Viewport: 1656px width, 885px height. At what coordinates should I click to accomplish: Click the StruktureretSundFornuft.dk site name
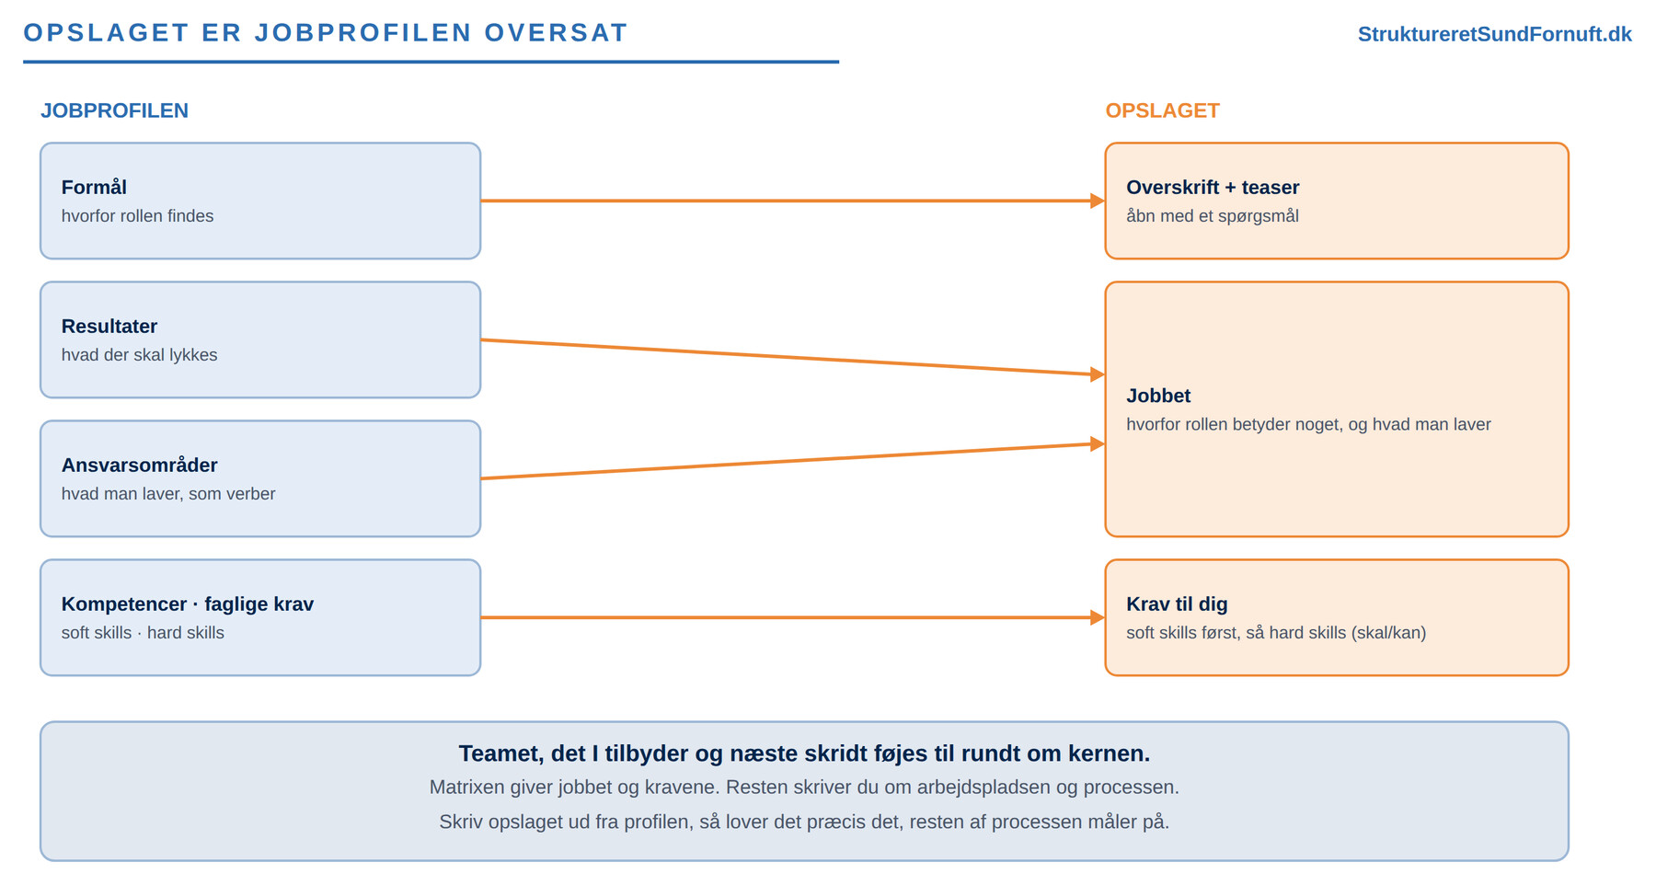(1494, 34)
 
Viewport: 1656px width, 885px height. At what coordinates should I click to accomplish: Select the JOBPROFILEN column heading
(114, 110)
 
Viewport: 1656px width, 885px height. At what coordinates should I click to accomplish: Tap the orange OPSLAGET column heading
(1162, 110)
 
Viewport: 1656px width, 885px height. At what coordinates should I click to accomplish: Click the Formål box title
(94, 188)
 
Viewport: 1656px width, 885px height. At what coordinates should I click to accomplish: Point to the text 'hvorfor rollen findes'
(137, 216)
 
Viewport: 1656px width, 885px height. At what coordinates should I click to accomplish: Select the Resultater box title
(109, 327)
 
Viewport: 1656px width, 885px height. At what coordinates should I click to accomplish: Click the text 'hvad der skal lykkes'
(139, 355)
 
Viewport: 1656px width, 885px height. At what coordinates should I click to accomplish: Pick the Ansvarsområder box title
(139, 465)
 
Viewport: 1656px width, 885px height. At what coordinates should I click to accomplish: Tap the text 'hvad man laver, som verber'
(168, 494)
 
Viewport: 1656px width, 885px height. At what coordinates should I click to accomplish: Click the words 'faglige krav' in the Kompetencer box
(259, 604)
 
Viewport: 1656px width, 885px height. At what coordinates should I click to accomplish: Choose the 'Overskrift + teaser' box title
(1213, 188)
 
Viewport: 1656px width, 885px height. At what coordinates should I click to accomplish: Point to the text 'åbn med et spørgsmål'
(1213, 216)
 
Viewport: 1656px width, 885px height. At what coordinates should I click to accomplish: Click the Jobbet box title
(1158, 397)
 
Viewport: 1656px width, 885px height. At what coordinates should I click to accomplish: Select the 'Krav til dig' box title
(1177, 604)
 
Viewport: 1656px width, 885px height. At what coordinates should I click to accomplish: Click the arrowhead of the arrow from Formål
(1098, 201)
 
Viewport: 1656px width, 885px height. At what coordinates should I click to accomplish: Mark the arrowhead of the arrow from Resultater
(1098, 374)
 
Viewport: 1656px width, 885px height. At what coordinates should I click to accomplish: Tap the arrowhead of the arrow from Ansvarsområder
(1098, 444)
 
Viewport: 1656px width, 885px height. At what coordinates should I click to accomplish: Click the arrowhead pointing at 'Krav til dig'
(1098, 617)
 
